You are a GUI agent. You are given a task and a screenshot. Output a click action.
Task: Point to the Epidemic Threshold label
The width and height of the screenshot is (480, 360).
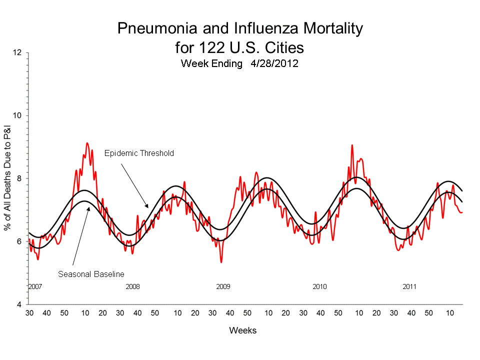[x=139, y=153]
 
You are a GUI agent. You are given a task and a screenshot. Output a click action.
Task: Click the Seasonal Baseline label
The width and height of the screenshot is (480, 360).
[x=91, y=274]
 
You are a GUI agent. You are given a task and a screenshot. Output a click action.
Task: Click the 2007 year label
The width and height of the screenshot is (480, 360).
[x=34, y=286]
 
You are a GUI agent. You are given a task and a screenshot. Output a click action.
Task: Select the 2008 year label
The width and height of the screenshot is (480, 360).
[x=132, y=286]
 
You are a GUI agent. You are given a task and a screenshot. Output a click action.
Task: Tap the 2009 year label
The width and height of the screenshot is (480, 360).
[x=223, y=286]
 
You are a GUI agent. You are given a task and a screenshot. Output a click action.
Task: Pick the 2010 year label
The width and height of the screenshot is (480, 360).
[x=319, y=286]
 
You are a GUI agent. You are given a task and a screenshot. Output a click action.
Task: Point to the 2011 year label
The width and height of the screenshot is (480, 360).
[x=410, y=286]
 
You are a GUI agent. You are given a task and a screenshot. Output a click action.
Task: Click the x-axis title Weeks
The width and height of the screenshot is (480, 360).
[x=242, y=330]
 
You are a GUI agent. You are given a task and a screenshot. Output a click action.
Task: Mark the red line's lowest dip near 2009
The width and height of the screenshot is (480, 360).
[x=221, y=261]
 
